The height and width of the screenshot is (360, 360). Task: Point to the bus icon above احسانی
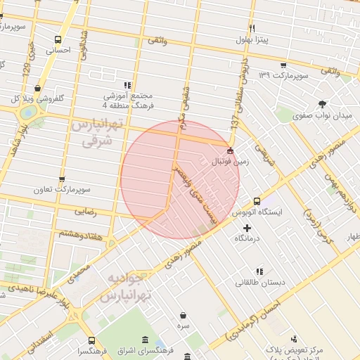point(57,39)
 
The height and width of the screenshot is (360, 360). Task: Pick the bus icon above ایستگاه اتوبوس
point(257,201)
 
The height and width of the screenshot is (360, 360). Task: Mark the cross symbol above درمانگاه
point(247,228)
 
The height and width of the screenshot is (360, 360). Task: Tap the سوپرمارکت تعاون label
point(64,191)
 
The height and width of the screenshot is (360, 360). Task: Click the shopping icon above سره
point(184,316)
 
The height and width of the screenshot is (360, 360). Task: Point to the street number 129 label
point(26,71)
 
